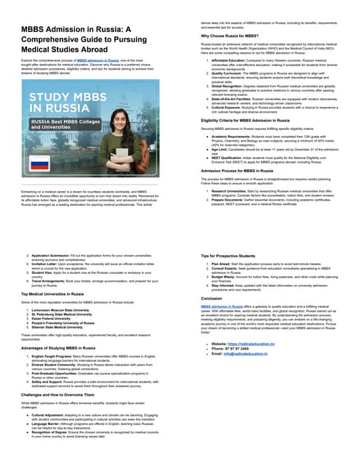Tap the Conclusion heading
pyautogui.click(x=212, y=298)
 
